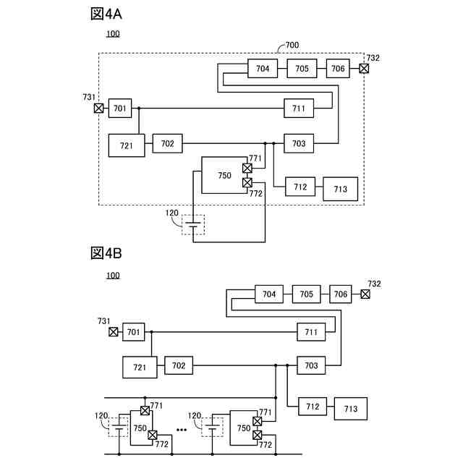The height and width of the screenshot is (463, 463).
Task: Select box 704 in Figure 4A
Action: click(263, 69)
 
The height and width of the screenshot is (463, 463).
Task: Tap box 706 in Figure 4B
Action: click(341, 294)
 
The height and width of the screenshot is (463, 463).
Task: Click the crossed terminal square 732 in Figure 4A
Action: click(364, 69)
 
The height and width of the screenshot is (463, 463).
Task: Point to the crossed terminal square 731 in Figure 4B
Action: click(114, 332)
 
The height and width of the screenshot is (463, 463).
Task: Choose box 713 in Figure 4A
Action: click(340, 190)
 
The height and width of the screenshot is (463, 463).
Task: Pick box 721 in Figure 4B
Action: click(140, 368)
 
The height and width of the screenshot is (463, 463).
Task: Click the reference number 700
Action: click(292, 45)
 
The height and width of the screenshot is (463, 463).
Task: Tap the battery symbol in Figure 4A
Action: click(193, 224)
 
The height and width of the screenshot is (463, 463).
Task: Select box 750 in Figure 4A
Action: click(224, 175)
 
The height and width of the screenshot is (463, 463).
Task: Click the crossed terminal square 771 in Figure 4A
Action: click(247, 169)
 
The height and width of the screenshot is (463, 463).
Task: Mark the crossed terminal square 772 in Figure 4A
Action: click(247, 182)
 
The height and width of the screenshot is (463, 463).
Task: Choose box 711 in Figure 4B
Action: click(311, 332)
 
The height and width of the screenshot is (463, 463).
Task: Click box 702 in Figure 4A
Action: click(167, 144)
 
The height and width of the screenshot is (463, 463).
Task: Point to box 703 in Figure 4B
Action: click(311, 365)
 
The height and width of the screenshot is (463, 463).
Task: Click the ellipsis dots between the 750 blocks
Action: click(182, 430)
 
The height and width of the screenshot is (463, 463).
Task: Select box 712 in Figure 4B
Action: click(312, 407)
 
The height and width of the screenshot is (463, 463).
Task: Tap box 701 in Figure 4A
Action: click(119, 109)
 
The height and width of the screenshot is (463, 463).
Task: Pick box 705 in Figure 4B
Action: click(306, 294)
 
